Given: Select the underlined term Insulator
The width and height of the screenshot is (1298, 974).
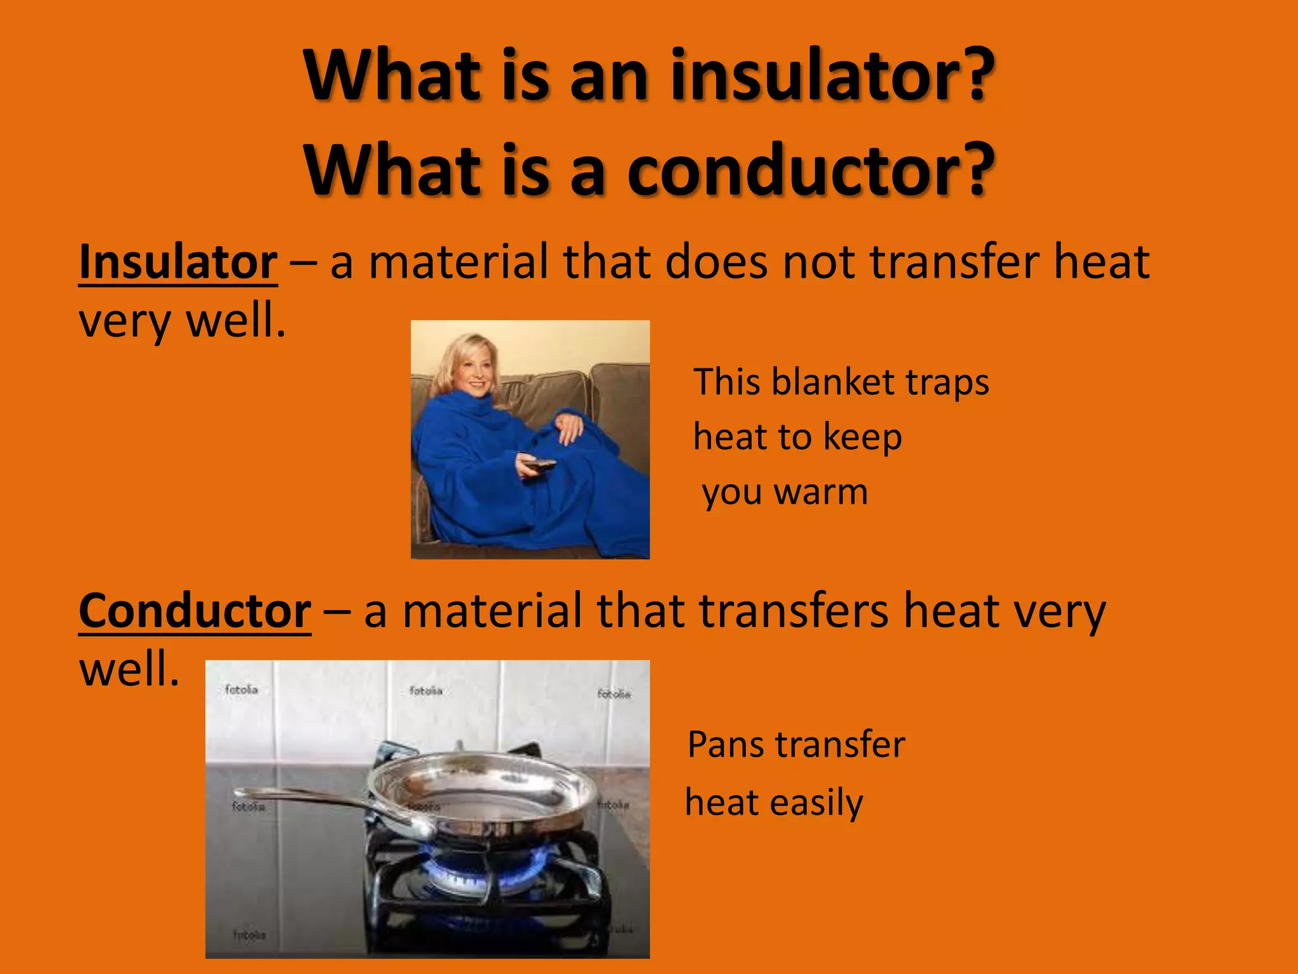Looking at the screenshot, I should [178, 262].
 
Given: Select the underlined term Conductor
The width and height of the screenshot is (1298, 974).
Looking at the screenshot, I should [195, 611].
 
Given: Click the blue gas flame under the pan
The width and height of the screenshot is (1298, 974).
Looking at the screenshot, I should [482, 869].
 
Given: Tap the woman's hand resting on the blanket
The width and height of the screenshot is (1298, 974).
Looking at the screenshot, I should [569, 426].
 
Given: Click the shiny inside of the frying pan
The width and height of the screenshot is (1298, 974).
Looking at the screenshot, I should [482, 786].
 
